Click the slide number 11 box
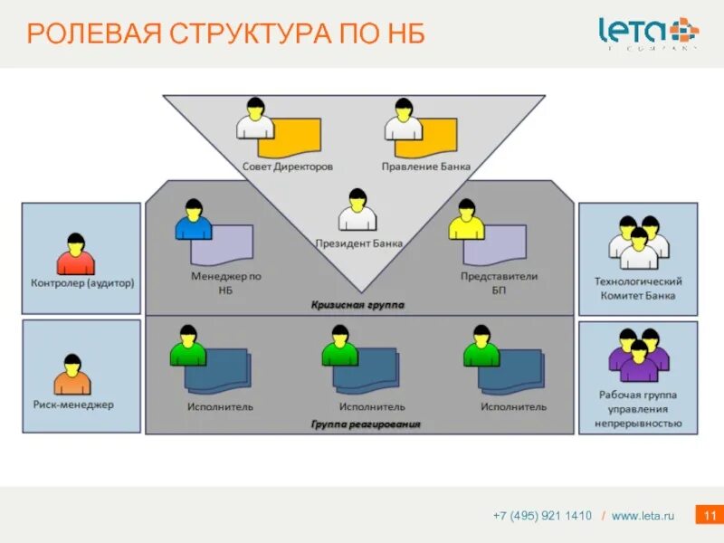pos(707,515)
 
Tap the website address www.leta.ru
pos(643,516)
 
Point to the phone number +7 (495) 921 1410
pos(542,516)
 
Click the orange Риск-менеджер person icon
pos(72,376)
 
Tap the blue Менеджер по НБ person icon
pos(193,220)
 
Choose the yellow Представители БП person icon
pos(466,220)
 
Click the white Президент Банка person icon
pos(357,211)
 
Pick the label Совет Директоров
pos(287,167)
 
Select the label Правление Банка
pos(425,167)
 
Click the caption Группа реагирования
pos(366,424)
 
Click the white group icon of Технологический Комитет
pos(638,242)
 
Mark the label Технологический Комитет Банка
pos(638,289)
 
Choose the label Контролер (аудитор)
pos(82,282)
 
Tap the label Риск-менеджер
pos(73,405)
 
